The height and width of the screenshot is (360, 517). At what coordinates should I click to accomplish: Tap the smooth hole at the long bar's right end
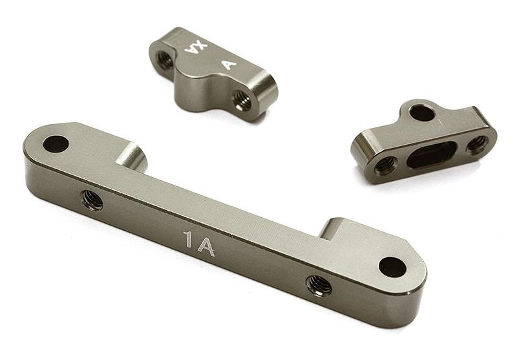(x=392, y=266)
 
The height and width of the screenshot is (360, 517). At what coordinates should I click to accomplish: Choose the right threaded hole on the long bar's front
(x=318, y=282)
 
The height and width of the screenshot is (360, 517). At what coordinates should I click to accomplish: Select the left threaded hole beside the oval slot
(x=386, y=164)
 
